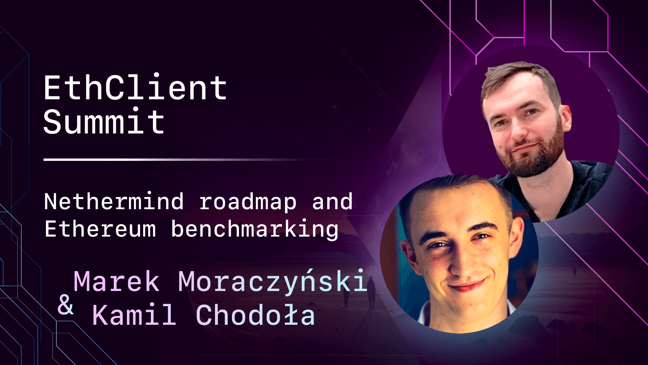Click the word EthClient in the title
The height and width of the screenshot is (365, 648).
coord(135,88)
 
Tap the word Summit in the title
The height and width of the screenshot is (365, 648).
coord(104,122)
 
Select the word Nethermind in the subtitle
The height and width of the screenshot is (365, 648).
coord(114,202)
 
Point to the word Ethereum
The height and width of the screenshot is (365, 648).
coord(100,229)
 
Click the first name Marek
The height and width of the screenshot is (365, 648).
coord(116,281)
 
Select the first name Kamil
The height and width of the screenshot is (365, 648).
coord(134,315)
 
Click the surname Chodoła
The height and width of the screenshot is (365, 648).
coord(255,315)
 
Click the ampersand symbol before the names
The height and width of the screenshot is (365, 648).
coord(65,305)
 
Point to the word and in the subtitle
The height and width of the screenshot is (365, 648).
coord(332,202)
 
